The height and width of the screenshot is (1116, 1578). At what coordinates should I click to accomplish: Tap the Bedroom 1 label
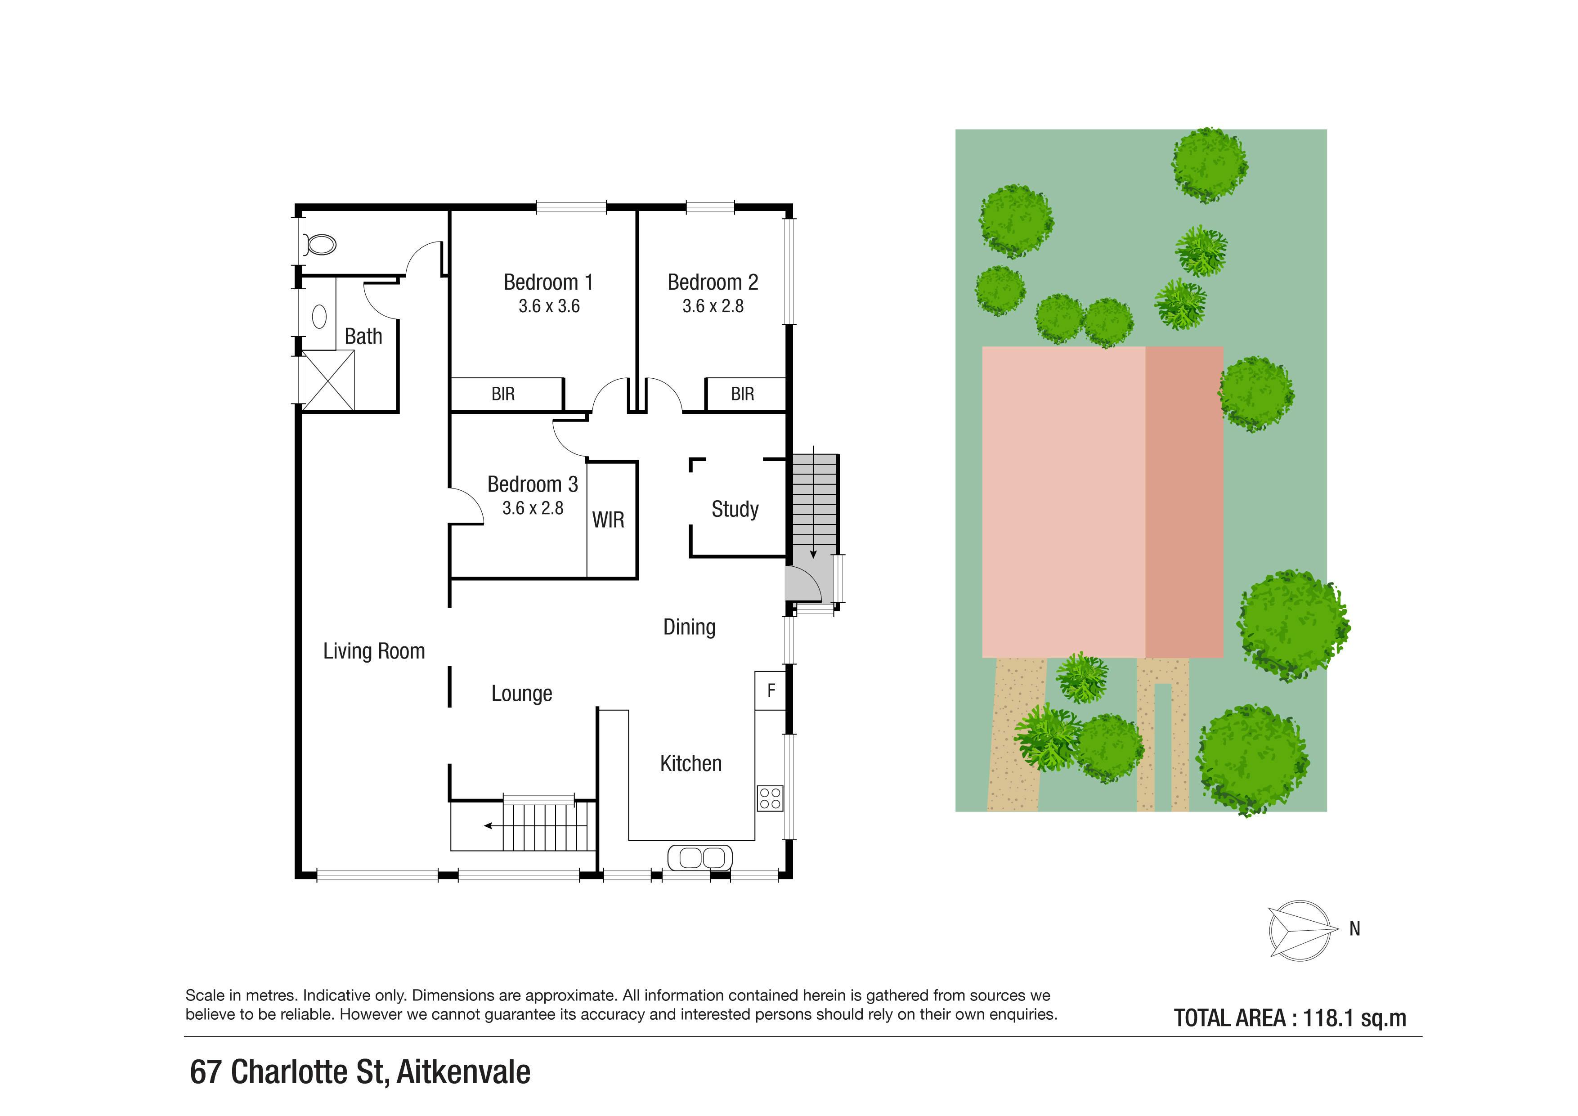pyautogui.click(x=548, y=282)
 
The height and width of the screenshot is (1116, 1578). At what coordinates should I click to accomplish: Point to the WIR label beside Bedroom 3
pyautogui.click(x=608, y=520)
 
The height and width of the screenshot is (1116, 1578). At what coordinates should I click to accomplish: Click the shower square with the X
pyautogui.click(x=328, y=381)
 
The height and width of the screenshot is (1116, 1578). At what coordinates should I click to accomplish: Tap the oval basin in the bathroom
pyautogui.click(x=319, y=317)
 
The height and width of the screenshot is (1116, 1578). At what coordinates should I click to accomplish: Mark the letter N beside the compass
pyautogui.click(x=1354, y=929)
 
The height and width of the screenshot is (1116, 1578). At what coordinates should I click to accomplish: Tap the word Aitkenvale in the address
pyautogui.click(x=464, y=1072)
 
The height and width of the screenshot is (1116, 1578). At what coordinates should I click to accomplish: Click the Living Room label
pyautogui.click(x=374, y=651)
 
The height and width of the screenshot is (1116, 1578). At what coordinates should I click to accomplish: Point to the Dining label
pyautogui.click(x=689, y=627)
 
